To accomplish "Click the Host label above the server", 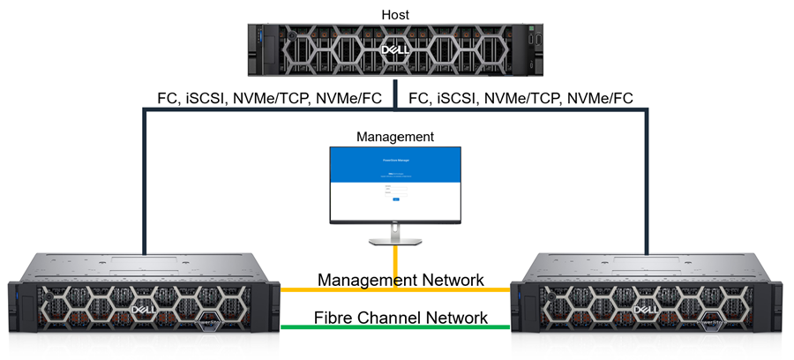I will point(394,14).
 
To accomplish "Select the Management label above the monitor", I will point(394,137).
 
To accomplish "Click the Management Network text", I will point(400,281).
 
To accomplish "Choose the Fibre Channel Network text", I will point(401,317).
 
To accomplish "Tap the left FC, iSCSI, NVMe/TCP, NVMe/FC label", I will point(269,99).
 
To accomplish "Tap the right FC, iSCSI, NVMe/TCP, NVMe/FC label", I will point(521,99).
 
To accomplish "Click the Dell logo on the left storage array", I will point(145,311).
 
